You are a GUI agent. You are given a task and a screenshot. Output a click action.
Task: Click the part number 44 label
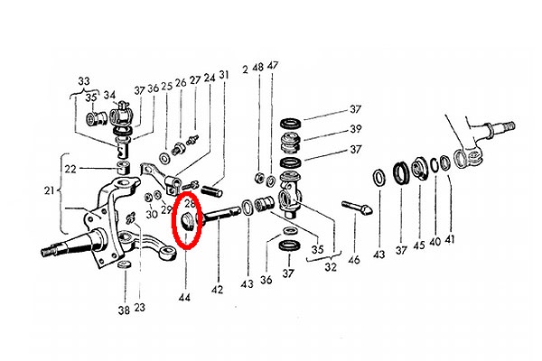[184, 297]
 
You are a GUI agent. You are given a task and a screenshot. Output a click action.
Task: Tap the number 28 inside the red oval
[190, 204]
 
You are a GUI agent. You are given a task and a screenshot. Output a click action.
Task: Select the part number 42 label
[217, 289]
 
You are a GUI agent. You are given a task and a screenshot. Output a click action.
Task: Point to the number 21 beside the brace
[50, 190]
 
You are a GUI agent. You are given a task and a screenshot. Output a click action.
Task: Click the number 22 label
[70, 169]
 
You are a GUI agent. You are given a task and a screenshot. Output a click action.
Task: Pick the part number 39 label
[355, 129]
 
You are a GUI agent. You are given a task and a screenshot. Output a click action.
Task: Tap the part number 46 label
[353, 259]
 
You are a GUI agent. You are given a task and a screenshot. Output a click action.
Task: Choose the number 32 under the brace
[331, 267]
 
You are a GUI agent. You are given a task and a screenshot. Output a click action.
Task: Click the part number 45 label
[419, 245]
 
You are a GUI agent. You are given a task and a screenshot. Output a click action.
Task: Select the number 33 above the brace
[84, 81]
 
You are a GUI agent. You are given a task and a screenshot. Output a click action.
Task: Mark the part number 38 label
[124, 310]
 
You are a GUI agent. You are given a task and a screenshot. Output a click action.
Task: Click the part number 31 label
[224, 74]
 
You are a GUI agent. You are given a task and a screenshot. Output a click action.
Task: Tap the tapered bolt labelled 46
[357, 208]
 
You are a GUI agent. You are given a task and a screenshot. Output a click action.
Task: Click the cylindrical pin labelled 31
[212, 190]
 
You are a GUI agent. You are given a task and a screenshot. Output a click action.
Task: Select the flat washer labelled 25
[164, 159]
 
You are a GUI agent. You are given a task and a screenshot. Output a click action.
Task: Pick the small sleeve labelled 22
[124, 167]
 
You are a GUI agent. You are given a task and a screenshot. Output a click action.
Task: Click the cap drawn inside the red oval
[189, 222]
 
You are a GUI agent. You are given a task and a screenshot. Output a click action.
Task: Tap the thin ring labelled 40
[435, 164]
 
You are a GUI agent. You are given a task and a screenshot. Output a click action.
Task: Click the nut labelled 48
[258, 178]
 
